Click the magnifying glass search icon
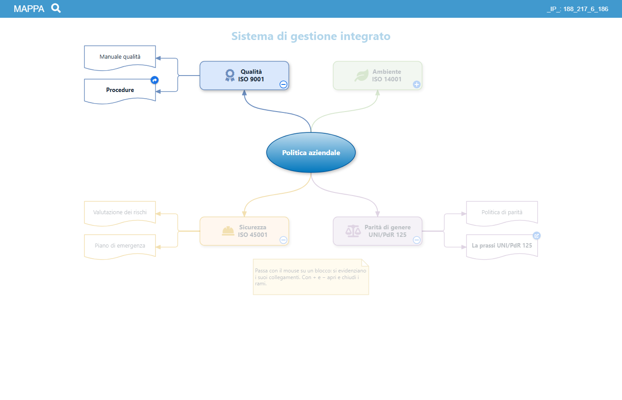click(x=56, y=8)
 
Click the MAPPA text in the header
click(x=29, y=9)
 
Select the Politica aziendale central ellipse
click(x=311, y=152)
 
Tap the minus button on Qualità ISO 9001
click(x=283, y=84)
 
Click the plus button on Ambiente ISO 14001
click(x=417, y=84)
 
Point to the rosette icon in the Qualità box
click(x=230, y=75)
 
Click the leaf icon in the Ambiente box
click(x=361, y=75)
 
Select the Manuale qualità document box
click(x=120, y=57)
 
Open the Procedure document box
click(x=120, y=91)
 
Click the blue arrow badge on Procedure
click(x=155, y=80)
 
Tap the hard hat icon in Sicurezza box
click(x=228, y=231)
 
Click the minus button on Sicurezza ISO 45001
click(x=283, y=240)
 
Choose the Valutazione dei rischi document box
click(x=120, y=213)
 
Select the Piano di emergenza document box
click(x=120, y=246)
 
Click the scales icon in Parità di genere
click(x=353, y=231)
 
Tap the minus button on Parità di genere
click(x=417, y=240)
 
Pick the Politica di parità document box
click(x=502, y=213)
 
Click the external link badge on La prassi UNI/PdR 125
click(x=537, y=236)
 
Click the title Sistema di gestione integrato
click(x=311, y=36)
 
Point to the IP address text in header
click(x=577, y=9)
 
